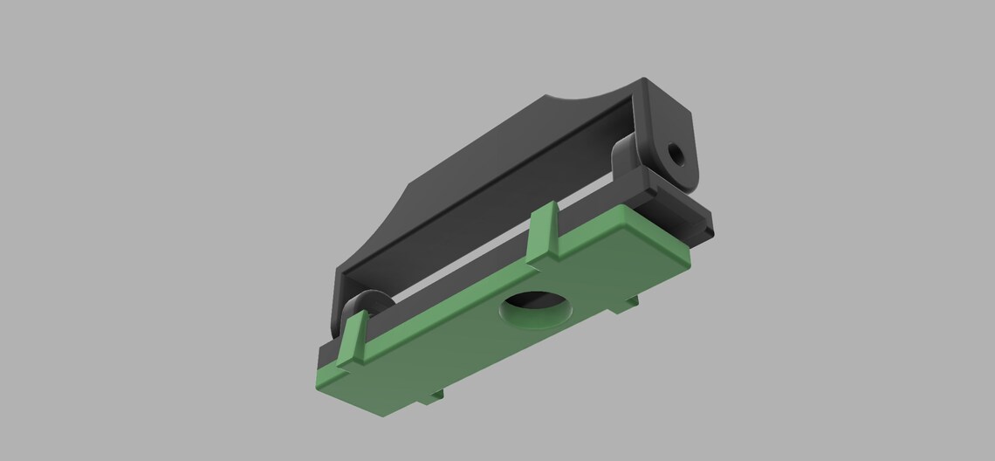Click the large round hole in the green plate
click(x=536, y=313)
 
